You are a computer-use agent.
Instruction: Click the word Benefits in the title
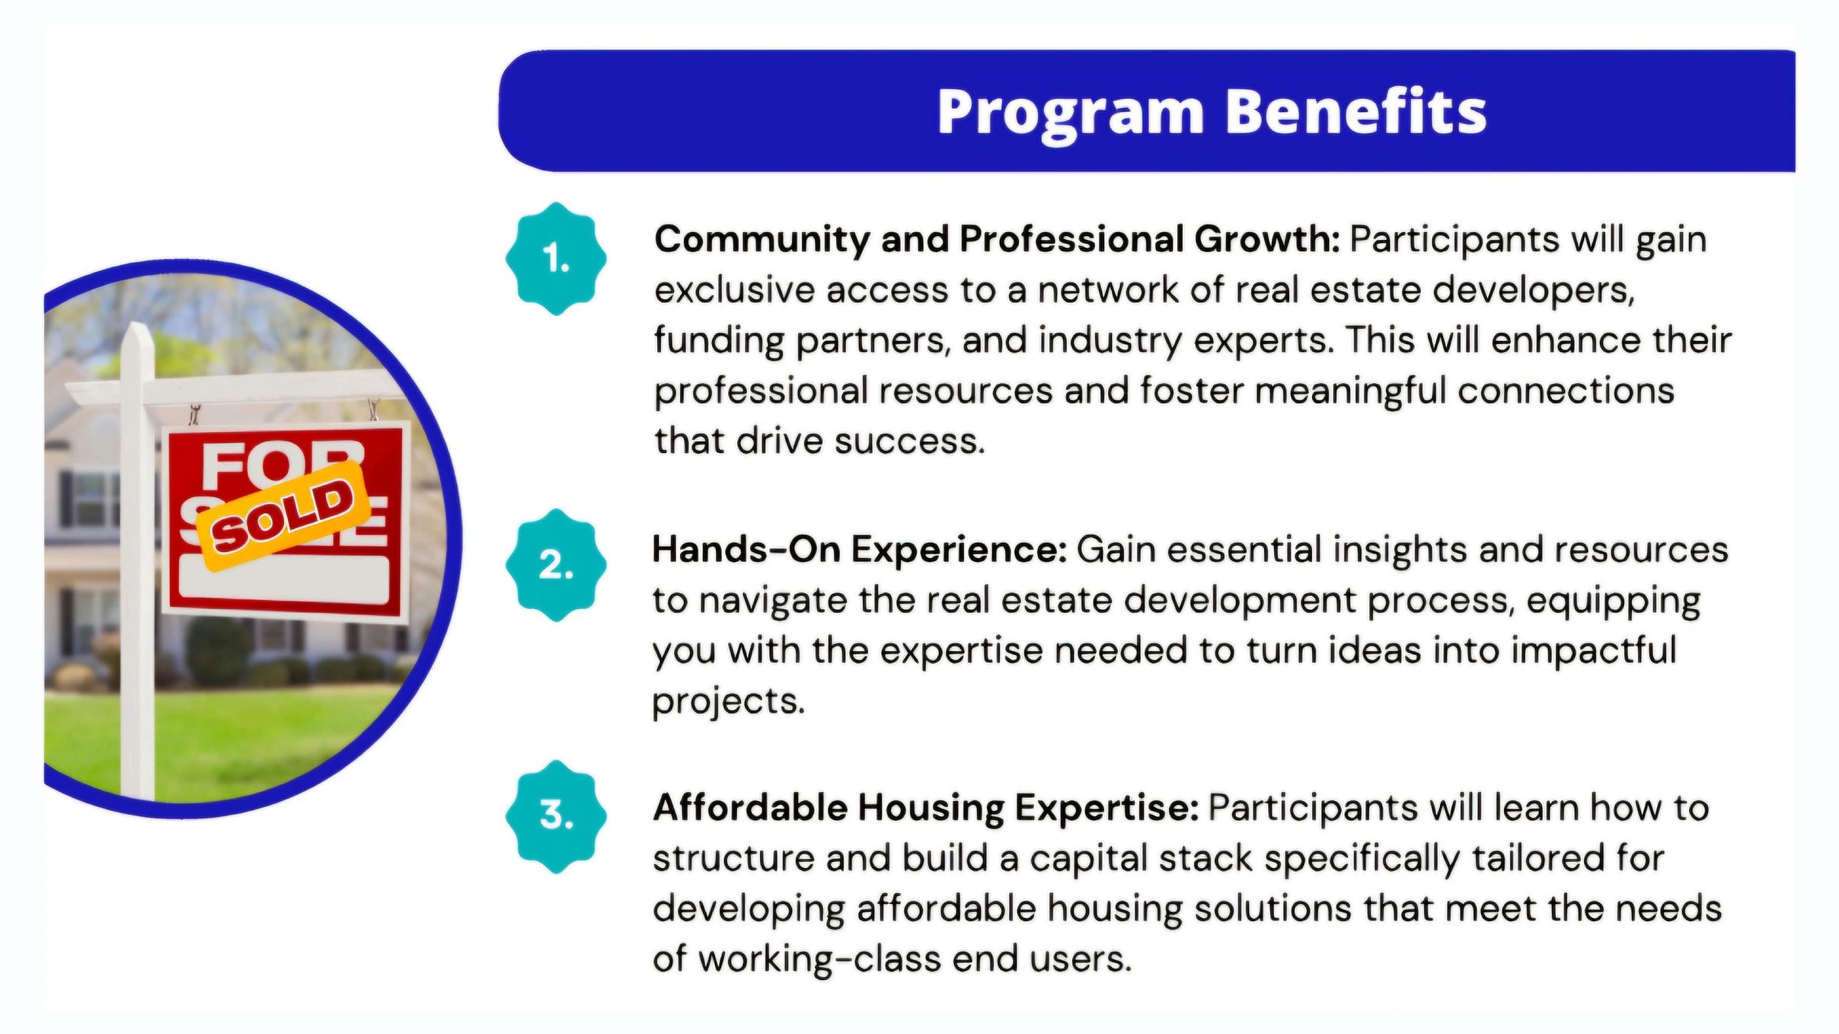(1356, 111)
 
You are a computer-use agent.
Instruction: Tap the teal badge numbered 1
(556, 259)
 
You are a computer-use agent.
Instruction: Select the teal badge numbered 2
(556, 565)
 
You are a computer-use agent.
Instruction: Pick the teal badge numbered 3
(556, 816)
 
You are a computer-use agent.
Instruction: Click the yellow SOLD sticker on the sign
(283, 516)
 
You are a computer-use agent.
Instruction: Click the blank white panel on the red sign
(284, 580)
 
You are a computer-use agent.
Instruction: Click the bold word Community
(761, 241)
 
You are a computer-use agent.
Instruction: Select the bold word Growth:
(1267, 239)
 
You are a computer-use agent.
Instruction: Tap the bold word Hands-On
(745, 549)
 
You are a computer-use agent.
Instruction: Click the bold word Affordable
(750, 807)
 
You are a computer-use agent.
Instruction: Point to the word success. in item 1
(910, 442)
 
